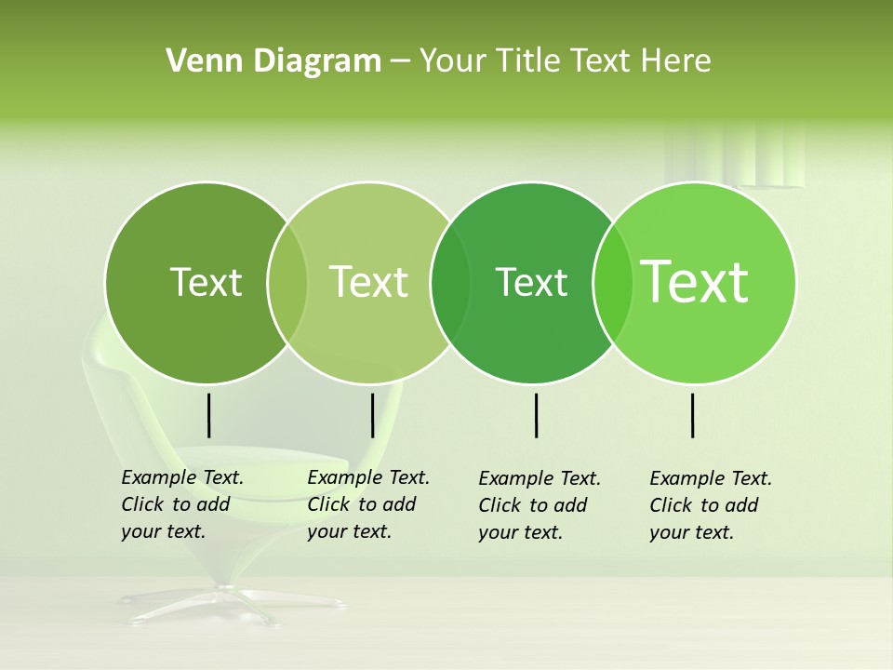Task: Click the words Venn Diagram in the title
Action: [x=273, y=61]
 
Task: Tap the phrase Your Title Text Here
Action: [x=565, y=61]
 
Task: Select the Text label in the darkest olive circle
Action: [x=206, y=282]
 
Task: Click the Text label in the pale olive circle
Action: [x=369, y=282]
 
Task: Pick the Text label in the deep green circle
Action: [x=531, y=282]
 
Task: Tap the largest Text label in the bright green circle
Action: [x=695, y=281]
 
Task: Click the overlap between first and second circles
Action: [x=287, y=283]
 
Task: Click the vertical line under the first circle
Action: [x=208, y=415]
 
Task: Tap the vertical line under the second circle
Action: [x=372, y=415]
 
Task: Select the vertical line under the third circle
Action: [x=536, y=415]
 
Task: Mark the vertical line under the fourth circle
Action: [x=693, y=415]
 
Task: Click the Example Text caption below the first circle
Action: [x=182, y=504]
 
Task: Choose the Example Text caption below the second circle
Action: [x=368, y=504]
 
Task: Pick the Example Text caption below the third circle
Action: [x=540, y=505]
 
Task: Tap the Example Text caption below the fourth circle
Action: [x=711, y=505]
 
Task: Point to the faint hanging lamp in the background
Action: [x=735, y=158]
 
